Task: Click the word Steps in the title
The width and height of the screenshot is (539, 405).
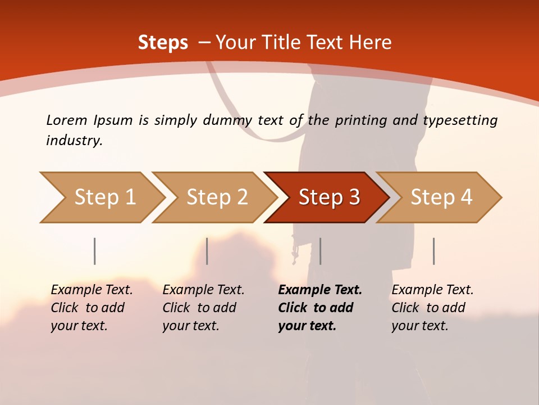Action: pos(163,43)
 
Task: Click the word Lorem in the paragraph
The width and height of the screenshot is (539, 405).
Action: pos(66,120)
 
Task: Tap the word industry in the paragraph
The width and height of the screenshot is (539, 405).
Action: pos(74,141)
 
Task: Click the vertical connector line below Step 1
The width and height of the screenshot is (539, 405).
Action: pos(95,251)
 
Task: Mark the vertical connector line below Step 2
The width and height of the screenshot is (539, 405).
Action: pos(207,251)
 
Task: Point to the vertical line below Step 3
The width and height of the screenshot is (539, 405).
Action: pos(320,251)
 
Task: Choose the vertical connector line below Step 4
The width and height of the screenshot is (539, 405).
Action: pos(433,251)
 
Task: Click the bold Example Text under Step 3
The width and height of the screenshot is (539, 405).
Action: pos(320,290)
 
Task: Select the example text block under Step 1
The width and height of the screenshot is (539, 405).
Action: pos(92,308)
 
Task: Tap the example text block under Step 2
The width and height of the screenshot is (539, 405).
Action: pos(203,308)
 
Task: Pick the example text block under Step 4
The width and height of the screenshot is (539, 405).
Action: pos(432,308)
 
